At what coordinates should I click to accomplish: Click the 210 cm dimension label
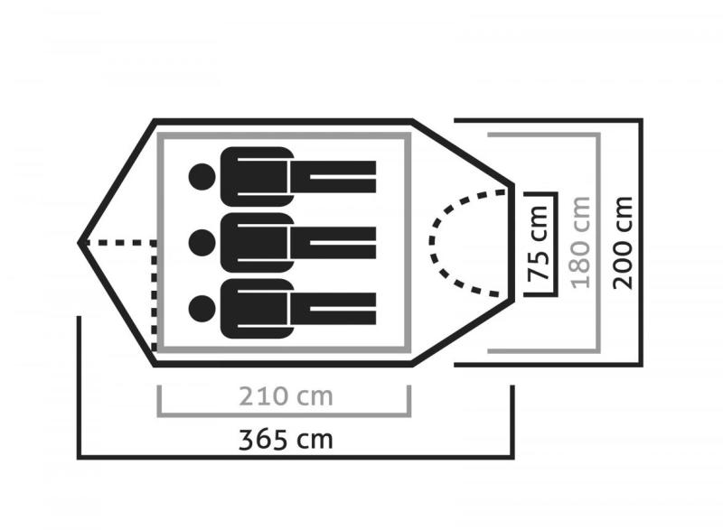pos(286,396)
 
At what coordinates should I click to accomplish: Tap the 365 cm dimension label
pos(286,440)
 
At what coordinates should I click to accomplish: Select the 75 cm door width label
pos(538,243)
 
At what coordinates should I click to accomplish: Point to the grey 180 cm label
pos(580,243)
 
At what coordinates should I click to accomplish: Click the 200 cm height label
pos(623,243)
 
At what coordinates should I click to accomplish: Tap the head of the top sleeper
pos(202,177)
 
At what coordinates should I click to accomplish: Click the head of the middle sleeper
pos(202,242)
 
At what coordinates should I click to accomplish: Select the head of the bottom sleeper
pos(202,309)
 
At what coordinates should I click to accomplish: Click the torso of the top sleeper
pos(257,177)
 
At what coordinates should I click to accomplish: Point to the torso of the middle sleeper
pos(257,242)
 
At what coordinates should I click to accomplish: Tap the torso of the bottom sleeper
pos(257,309)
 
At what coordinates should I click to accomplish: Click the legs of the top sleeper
pos(333,177)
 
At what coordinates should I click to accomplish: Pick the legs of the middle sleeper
pos(333,242)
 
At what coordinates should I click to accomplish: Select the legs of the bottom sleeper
pos(333,309)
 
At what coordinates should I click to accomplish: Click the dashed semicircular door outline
pos(432,242)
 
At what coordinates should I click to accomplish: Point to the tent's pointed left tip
pos(79,242)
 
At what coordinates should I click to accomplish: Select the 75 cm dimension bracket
pos(556,244)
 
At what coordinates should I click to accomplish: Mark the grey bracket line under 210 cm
pos(284,415)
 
